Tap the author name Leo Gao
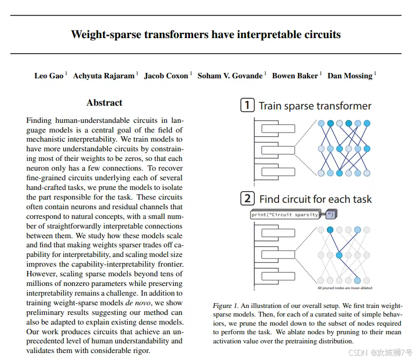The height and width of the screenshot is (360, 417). [x=49, y=76]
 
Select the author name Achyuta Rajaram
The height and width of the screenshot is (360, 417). [x=104, y=76]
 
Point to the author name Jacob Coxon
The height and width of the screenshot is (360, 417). [x=166, y=76]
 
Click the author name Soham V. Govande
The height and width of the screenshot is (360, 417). [x=230, y=76]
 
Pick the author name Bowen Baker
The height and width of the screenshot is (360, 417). [x=295, y=76]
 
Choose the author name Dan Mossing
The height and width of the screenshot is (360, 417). [x=349, y=76]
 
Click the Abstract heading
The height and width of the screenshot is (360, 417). [x=104, y=103]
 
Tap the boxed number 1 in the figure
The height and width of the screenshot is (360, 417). [x=247, y=105]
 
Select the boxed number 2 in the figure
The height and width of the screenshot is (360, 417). [x=247, y=199]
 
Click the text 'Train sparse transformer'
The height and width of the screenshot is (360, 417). [x=315, y=106]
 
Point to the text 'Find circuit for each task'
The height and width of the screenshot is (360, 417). [x=316, y=199]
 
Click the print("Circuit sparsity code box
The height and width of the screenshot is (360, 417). [x=286, y=215]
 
